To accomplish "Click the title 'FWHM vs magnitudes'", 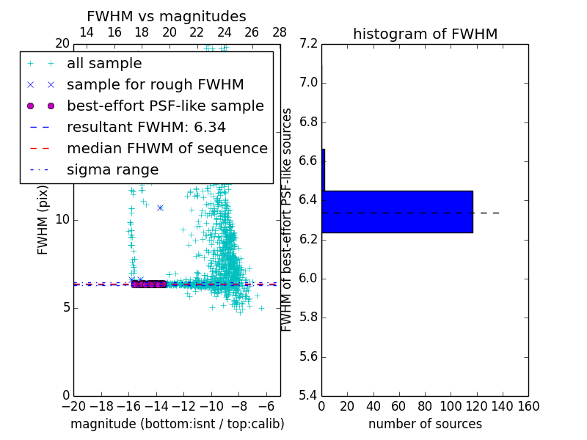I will point(166,16).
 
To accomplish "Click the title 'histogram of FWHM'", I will point(425,34).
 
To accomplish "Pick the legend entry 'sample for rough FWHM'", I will point(155,84).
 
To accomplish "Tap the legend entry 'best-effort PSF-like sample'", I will point(165,106).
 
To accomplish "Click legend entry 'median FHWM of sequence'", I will point(167,148).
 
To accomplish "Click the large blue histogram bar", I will point(397,212).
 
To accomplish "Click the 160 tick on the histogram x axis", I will point(528,406).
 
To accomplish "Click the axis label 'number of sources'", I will point(425,424).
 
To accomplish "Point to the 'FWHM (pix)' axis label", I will point(43,220).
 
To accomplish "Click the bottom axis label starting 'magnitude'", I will point(177,424).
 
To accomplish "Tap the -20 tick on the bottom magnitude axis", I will point(73,406).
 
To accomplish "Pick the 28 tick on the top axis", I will point(280,32).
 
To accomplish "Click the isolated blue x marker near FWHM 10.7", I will point(160,208).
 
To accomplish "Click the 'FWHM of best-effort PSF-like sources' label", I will point(288,220).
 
